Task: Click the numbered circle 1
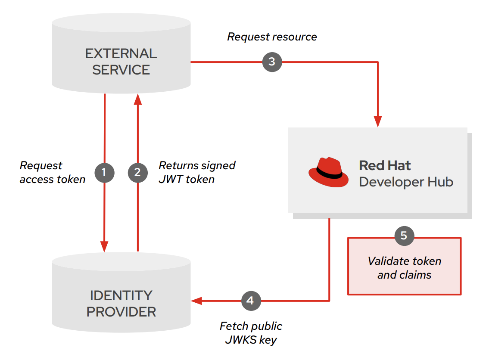[104, 173]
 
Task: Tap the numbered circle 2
[137, 173]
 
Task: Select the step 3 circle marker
[272, 62]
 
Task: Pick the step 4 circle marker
[251, 300]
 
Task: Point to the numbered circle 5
[404, 236]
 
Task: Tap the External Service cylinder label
[121, 62]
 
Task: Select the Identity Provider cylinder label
[121, 303]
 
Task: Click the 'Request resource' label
[272, 37]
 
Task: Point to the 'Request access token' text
[53, 173]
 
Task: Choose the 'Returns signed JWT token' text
[197, 172]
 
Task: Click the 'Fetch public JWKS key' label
[251, 332]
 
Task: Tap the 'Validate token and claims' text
[404, 268]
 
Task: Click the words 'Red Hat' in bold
[385, 166]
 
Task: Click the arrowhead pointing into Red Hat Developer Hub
[378, 121]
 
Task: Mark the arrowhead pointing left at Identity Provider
[196, 300]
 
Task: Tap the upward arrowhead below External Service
[137, 99]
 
